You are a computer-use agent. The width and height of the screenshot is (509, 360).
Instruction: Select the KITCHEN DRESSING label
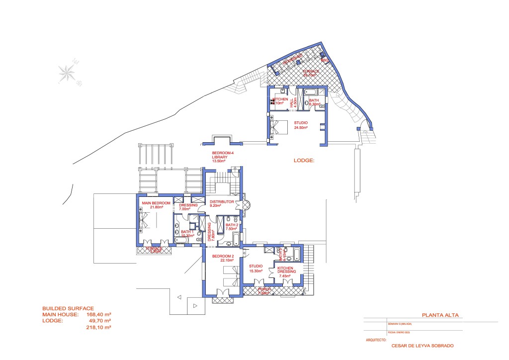coord(288,272)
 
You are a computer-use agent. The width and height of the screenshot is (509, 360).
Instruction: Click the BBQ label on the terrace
coord(325,61)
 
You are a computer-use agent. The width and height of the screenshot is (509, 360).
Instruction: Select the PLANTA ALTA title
coord(440,315)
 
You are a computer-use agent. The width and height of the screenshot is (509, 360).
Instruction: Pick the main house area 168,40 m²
coord(98,315)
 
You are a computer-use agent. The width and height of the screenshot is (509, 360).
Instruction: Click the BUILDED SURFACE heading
coord(68,308)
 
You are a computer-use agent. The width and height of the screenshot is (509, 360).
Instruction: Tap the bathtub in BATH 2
coord(230,243)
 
